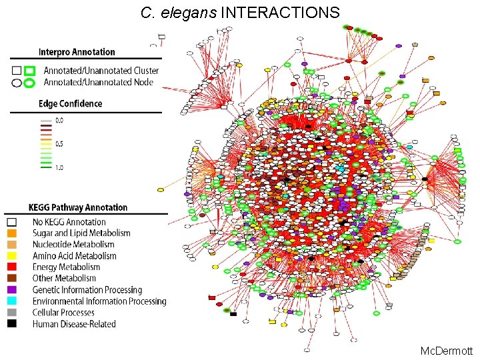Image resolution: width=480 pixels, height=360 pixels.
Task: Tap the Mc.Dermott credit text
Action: coord(446,351)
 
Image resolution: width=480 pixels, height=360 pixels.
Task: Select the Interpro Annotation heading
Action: coord(77,52)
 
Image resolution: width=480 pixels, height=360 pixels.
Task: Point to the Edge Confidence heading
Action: coord(70,103)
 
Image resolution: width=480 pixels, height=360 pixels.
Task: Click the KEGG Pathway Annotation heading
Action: coord(78,207)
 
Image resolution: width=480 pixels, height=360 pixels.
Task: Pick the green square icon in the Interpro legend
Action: coord(29,71)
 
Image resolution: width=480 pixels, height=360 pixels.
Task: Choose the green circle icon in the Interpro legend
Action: coord(29,83)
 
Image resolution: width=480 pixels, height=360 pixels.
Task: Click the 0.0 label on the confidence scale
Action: coord(59,121)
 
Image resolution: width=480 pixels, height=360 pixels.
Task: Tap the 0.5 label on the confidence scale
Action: coord(59,144)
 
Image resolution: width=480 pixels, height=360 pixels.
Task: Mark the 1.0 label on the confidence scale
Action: coord(59,167)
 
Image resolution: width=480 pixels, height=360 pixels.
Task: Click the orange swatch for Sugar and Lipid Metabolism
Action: coord(12,233)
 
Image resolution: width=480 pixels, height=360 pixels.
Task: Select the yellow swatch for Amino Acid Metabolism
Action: coord(12,256)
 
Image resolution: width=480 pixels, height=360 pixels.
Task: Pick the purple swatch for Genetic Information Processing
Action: coord(12,290)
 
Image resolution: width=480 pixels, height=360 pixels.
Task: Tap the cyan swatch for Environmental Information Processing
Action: coord(12,301)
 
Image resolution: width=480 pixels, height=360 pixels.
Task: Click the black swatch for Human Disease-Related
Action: coord(12,324)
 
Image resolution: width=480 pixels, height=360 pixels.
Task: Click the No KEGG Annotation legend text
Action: coord(69,222)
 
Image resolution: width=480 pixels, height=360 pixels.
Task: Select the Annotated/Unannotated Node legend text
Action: coord(99,83)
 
